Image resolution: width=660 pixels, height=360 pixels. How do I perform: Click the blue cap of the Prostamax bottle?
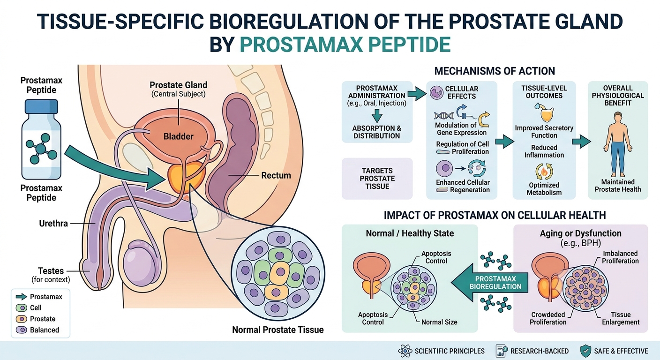(x=42, y=109)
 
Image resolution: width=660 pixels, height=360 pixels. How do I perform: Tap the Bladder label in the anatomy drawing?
(x=178, y=136)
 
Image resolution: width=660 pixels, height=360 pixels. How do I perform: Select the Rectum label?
(x=276, y=175)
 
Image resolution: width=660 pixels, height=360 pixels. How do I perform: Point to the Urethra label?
(x=53, y=224)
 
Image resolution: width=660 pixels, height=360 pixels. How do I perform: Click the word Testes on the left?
(x=51, y=270)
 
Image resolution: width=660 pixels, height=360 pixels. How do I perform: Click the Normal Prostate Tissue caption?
(x=277, y=330)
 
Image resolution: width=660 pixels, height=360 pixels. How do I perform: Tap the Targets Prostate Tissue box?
(x=377, y=179)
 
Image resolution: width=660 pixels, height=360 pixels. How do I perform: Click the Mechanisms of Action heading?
(x=495, y=71)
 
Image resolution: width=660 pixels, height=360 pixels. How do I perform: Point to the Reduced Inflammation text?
(x=544, y=151)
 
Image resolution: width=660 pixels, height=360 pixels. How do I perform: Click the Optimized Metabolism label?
(x=544, y=188)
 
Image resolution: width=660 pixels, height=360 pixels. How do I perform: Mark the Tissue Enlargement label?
(x=621, y=318)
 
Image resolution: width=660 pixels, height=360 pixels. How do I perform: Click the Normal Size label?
(x=439, y=322)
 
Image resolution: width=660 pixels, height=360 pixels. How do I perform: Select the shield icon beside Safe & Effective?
(x=585, y=351)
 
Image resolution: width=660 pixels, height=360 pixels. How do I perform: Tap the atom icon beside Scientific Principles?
(x=404, y=351)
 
